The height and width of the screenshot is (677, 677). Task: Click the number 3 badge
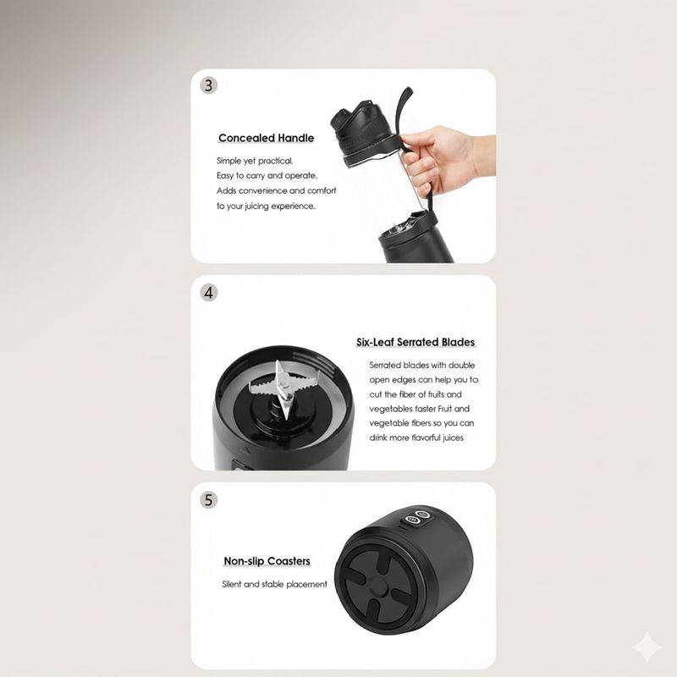coord(208,85)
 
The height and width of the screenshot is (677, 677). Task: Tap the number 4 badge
coord(208,293)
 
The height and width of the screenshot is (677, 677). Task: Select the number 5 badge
coord(208,500)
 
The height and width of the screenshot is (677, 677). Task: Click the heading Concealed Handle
coord(266,138)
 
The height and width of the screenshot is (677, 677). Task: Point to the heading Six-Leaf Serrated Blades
coord(416,342)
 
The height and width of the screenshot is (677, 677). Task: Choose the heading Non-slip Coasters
coord(267,561)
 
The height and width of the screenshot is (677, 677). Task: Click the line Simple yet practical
coord(255,161)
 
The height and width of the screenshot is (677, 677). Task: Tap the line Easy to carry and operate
coord(267,176)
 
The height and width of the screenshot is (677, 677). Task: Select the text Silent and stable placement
coord(274,584)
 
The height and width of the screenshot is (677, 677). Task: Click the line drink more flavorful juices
coord(416,438)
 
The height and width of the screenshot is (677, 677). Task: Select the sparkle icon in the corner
coord(647,647)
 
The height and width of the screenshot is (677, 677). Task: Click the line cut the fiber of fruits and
coord(416,394)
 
